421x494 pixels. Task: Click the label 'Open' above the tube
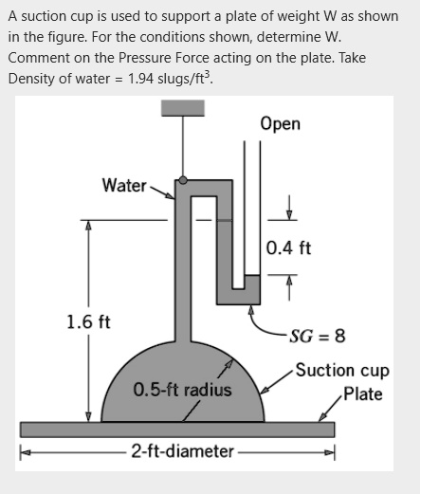tap(280, 124)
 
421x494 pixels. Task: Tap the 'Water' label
tap(123, 185)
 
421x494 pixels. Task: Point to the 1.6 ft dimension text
tap(88, 320)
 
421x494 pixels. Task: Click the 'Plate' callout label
tap(363, 393)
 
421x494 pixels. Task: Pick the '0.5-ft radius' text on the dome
tap(182, 390)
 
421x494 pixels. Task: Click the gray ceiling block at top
tap(182, 106)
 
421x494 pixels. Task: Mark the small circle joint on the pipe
tap(183, 178)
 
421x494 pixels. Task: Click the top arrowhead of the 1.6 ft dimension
tap(88, 226)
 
